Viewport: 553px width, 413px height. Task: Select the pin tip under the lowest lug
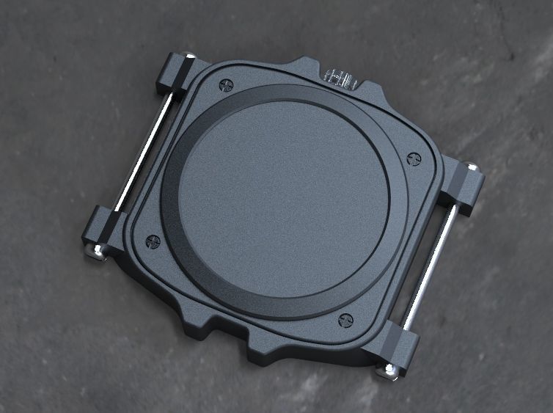(x=388, y=370)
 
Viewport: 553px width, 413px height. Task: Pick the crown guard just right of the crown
(x=371, y=87)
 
